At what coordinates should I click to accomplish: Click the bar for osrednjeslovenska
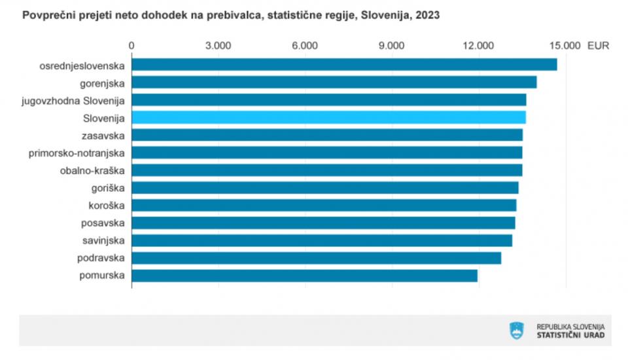point(344,65)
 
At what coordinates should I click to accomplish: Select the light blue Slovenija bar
point(328,117)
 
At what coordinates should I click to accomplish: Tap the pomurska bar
point(305,276)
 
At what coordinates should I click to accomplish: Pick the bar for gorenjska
point(334,82)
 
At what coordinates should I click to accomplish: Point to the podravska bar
point(317,258)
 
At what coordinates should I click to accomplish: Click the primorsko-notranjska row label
point(77,153)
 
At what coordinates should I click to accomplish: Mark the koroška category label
point(106,206)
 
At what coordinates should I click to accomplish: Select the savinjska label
point(103,240)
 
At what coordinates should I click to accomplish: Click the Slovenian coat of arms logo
point(517,331)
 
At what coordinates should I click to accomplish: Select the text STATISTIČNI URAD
point(570,335)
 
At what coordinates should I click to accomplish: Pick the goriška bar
point(325,188)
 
